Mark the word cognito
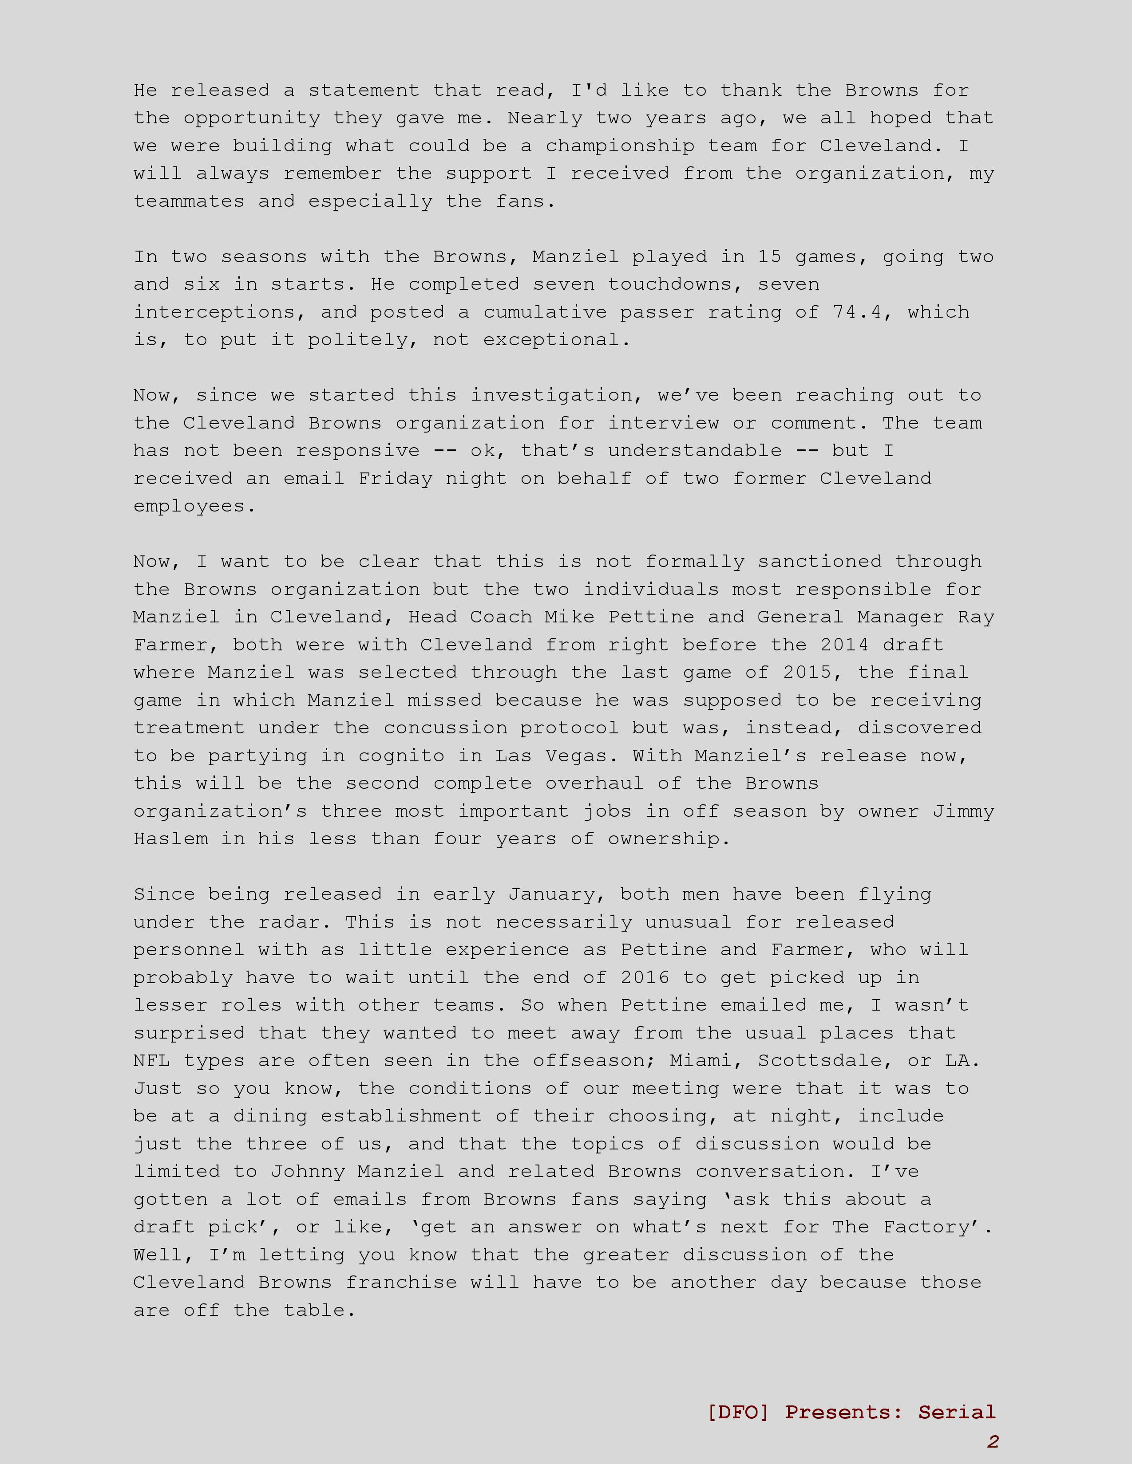(400, 756)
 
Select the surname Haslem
(170, 839)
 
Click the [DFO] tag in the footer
(738, 1413)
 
